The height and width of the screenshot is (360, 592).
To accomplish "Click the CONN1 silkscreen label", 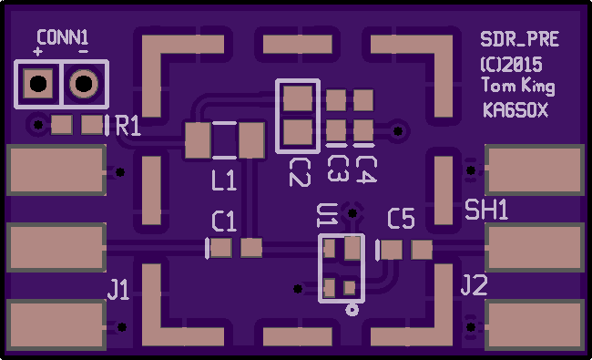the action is tap(63, 37).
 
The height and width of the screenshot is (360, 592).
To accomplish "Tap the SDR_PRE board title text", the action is tap(519, 39).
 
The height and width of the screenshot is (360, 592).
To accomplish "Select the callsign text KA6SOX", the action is tap(515, 110).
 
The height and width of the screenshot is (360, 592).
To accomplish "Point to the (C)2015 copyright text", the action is tap(512, 65).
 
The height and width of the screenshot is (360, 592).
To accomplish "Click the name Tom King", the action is tap(518, 86).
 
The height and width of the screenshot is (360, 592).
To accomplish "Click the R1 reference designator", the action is tap(128, 126).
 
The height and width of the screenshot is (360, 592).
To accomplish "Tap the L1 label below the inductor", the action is tap(224, 180).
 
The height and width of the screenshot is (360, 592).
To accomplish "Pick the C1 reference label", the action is tap(224, 221).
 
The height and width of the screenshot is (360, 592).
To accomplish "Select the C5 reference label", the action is tap(401, 219).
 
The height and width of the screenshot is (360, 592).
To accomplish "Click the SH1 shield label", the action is tap(486, 210).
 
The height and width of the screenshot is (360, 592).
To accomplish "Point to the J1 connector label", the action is tap(118, 290).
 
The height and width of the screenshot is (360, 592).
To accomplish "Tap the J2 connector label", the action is tap(475, 285).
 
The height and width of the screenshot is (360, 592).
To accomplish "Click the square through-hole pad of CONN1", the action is tap(38, 84).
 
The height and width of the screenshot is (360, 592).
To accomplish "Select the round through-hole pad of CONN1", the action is tap(84, 84).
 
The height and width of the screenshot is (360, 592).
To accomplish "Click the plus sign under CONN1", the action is tap(37, 51).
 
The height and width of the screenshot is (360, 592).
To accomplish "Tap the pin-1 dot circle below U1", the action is tap(352, 310).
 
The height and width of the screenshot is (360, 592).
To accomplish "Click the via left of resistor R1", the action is tap(38, 124).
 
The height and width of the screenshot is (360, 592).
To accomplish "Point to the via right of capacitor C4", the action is tap(398, 131).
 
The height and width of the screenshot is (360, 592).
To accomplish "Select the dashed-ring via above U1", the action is tap(352, 213).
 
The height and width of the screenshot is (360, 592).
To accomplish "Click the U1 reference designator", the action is tap(327, 215).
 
